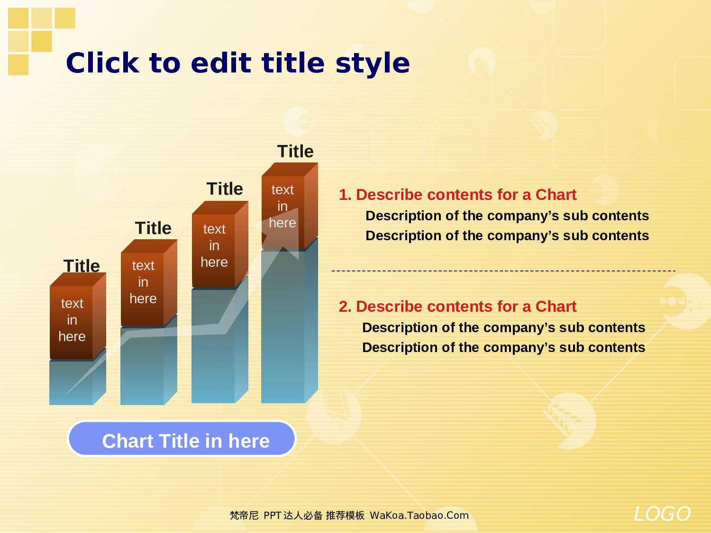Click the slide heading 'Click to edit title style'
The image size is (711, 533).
237,63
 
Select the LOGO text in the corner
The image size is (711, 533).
662,514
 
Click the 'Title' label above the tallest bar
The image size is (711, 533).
295,152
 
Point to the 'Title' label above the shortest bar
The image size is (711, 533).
82,266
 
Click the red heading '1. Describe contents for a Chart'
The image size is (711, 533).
457,195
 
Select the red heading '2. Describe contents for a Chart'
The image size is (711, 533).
457,307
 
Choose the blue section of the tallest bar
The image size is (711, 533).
283,332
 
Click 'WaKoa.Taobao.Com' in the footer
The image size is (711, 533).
419,515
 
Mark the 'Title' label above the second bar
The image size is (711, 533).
153,228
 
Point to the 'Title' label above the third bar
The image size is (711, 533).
225,189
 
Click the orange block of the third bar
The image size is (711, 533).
214,246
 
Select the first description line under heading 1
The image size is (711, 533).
507,216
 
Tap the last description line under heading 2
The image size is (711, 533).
503,348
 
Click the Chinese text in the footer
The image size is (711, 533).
297,515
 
